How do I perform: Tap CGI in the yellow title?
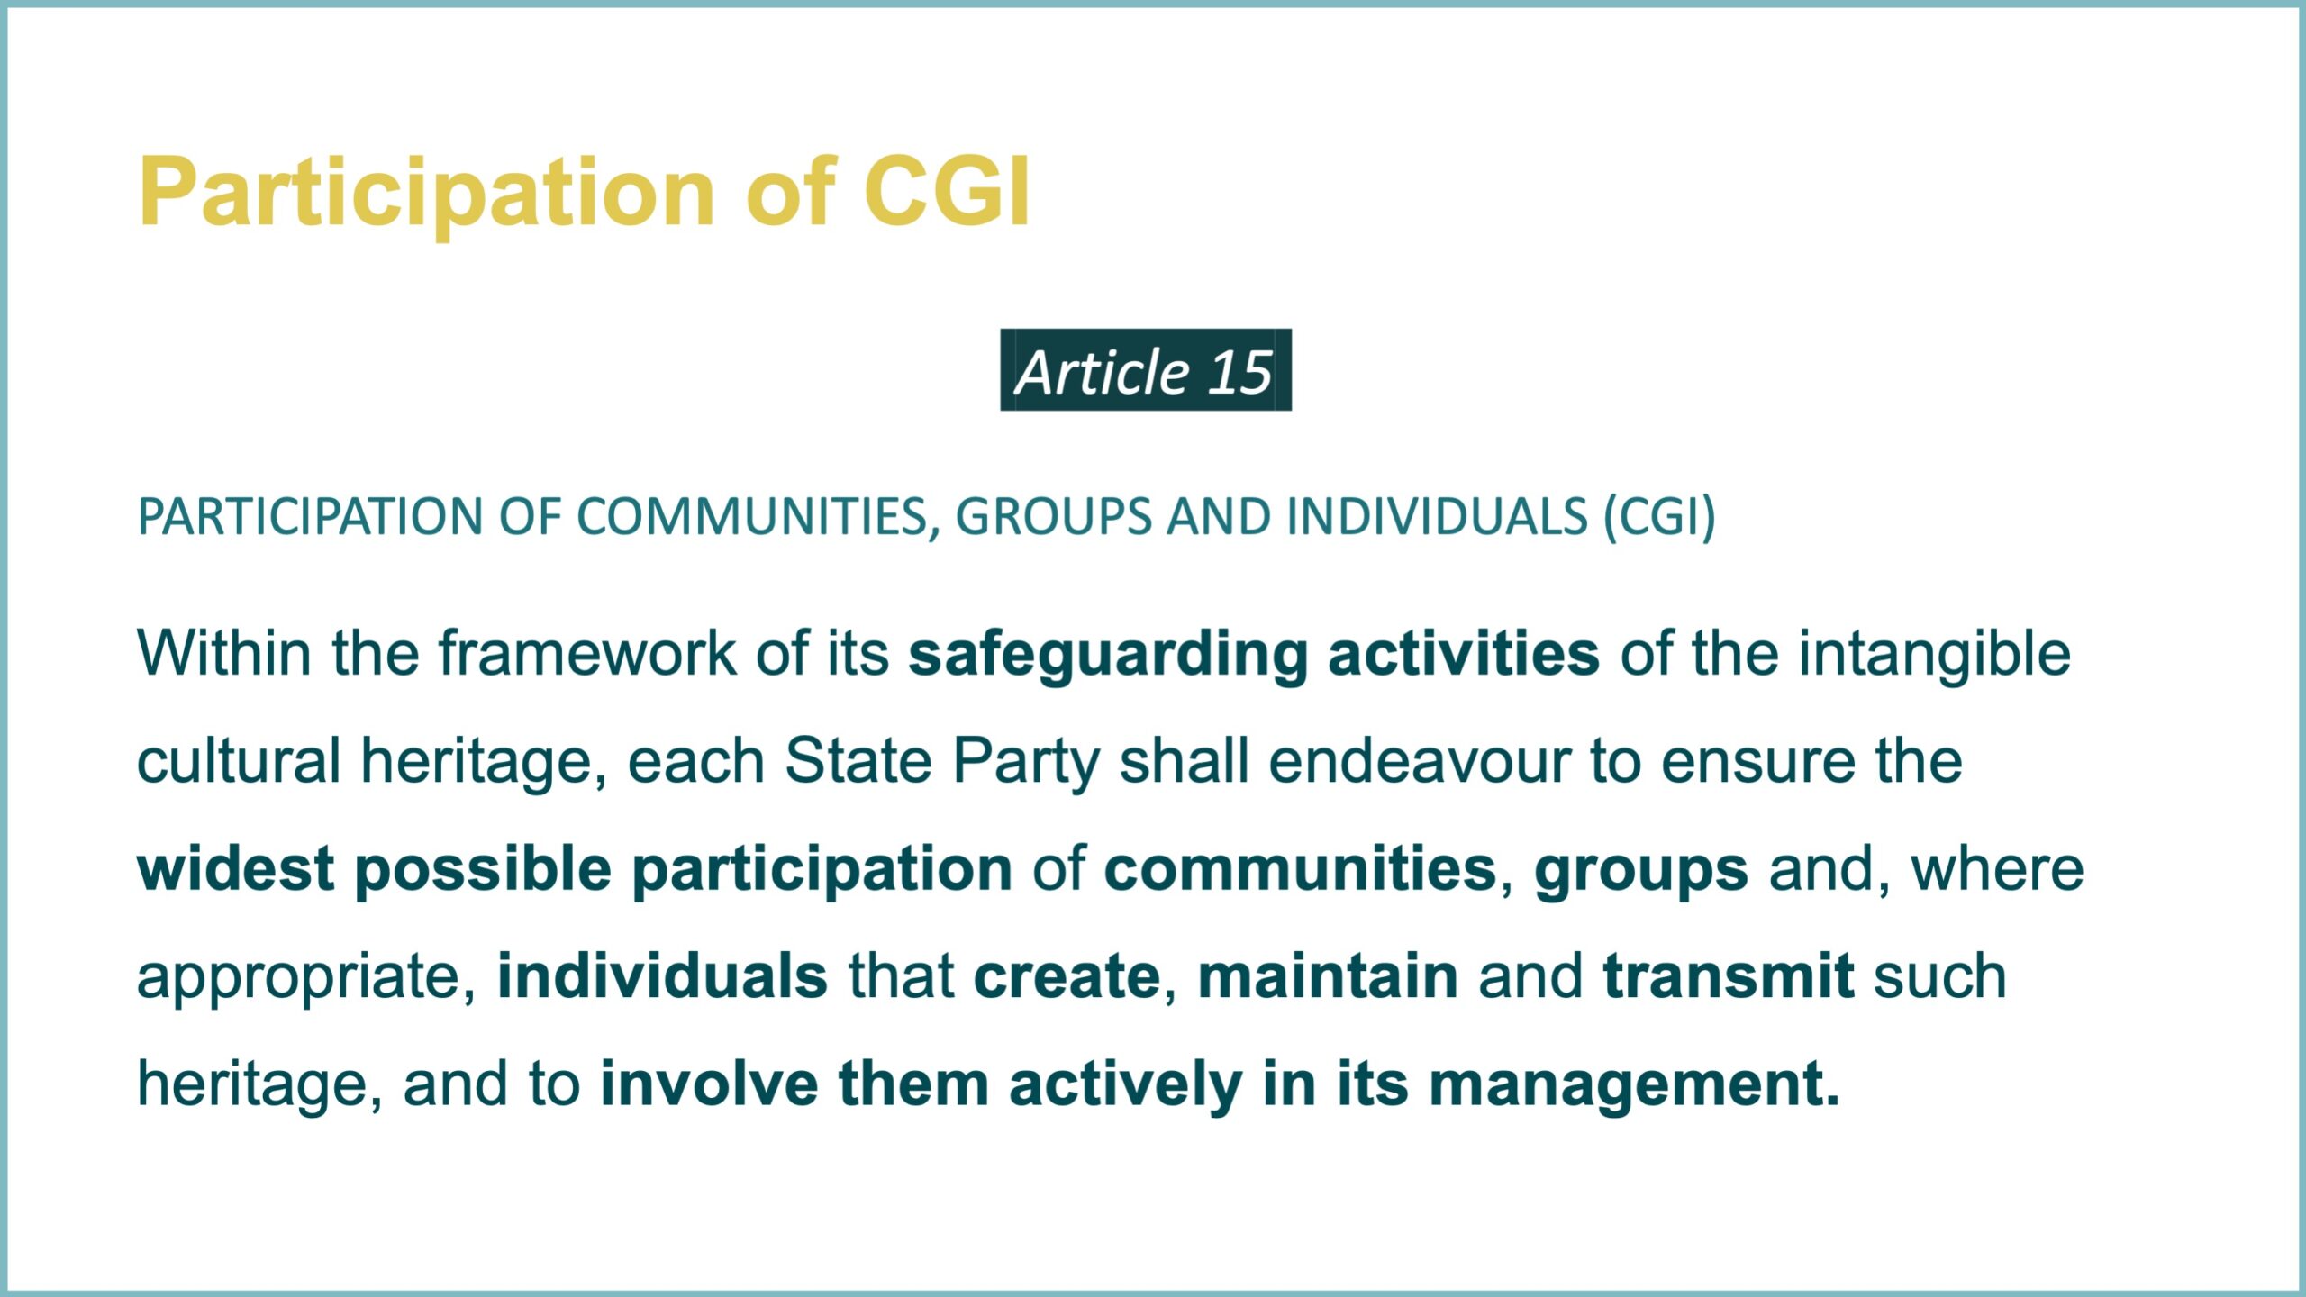(947, 191)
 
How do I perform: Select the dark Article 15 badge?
(1146, 370)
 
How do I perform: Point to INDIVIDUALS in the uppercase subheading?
(1438, 517)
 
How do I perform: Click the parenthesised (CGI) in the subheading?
(1659, 518)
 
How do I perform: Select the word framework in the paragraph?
(587, 653)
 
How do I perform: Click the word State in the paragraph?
(858, 761)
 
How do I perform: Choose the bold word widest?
(236, 869)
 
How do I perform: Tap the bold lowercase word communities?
(1300, 869)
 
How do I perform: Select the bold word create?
(1067, 977)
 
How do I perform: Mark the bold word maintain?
(1328, 977)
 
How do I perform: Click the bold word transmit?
(1729, 977)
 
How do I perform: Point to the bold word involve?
(709, 1084)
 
